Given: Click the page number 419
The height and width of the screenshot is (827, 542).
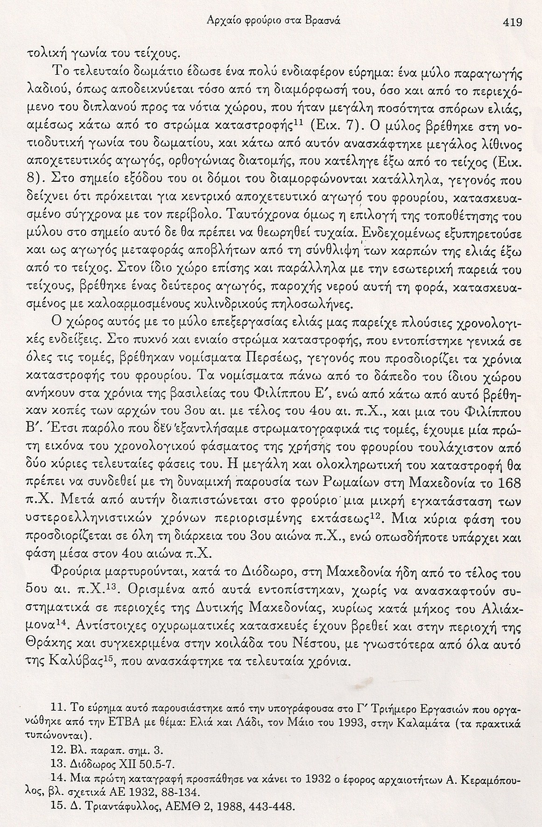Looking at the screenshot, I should tap(511, 22).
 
